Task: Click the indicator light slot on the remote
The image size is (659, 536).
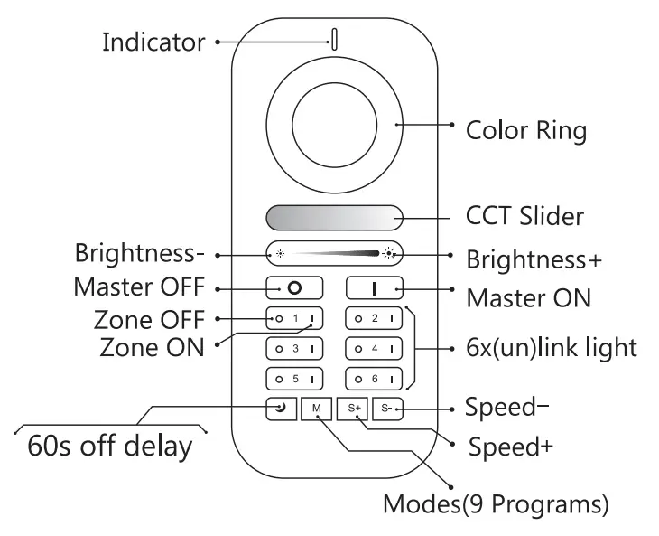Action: coord(334,39)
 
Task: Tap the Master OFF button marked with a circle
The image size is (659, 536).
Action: coord(293,288)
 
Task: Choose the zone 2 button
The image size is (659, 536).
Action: coord(375,318)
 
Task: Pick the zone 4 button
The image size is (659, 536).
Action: coord(375,348)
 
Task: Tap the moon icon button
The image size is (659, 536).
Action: coord(281,409)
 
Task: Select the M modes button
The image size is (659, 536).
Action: coord(317,409)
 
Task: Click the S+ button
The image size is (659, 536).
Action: coord(354,409)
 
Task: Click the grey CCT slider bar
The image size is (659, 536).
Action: coord(334,218)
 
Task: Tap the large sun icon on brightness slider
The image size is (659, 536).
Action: coord(388,253)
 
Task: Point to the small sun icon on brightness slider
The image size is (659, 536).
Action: coord(280,253)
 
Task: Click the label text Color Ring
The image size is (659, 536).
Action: coord(525,131)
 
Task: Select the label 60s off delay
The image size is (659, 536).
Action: coord(109,447)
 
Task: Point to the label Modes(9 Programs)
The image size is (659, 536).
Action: coord(496,503)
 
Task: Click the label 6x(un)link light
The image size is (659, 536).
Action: coord(557,348)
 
